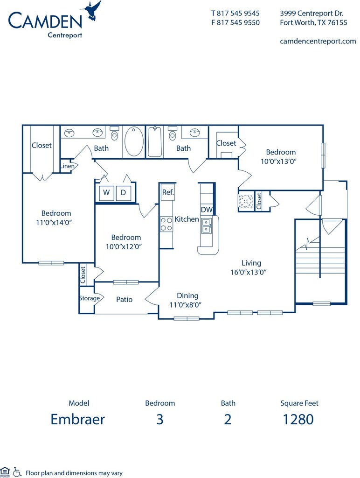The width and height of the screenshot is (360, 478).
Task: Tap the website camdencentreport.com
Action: pyautogui.click(x=318, y=41)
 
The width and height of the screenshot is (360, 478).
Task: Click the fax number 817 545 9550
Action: pyautogui.click(x=238, y=22)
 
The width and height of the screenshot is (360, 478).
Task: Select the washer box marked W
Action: pyautogui.click(x=106, y=193)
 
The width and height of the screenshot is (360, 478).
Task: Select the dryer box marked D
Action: pyautogui.click(x=124, y=193)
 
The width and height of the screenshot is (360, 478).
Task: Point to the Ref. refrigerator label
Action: pyautogui.click(x=168, y=192)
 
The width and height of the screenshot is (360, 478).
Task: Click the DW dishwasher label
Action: pyautogui.click(x=207, y=210)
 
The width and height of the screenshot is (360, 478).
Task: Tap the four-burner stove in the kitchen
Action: pyautogui.click(x=166, y=224)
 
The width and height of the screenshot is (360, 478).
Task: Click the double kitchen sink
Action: pyautogui.click(x=206, y=225)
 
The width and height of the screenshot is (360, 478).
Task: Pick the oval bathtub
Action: pyautogui.click(x=134, y=142)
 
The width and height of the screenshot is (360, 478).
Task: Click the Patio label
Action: pyautogui.click(x=124, y=299)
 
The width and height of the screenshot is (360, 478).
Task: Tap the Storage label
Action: pyautogui.click(x=89, y=298)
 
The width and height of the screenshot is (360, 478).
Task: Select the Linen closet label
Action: pyautogui.click(x=67, y=166)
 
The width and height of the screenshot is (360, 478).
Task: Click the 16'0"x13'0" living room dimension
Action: pyautogui.click(x=249, y=272)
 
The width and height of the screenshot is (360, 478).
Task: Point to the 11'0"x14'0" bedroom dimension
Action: pyautogui.click(x=54, y=223)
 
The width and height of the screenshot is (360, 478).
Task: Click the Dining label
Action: pyautogui.click(x=187, y=295)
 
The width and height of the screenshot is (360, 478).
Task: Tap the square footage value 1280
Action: pyautogui.click(x=298, y=420)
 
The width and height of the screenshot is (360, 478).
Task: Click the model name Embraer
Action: pyautogui.click(x=78, y=419)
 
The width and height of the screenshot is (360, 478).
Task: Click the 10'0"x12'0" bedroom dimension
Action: pyautogui.click(x=124, y=246)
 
